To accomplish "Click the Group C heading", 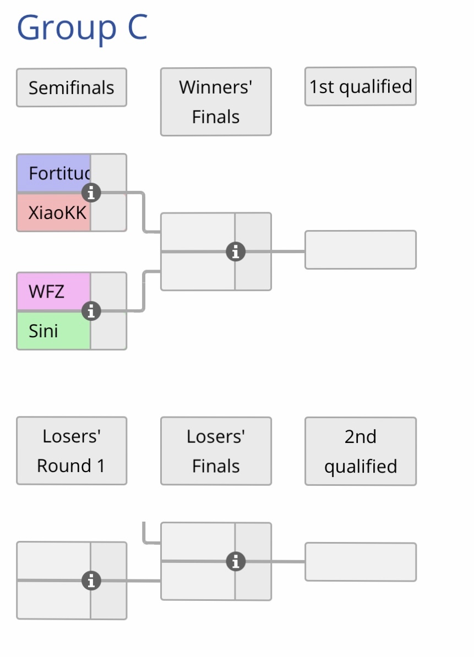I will tap(82, 28).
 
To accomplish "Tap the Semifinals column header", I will tap(72, 87).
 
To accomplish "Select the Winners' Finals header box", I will tap(216, 102).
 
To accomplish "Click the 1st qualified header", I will tap(361, 86).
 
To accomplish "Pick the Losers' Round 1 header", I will tap(72, 451).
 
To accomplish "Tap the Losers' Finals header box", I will tap(216, 451).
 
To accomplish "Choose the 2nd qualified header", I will tap(361, 451).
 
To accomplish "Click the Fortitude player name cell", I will tap(54, 173).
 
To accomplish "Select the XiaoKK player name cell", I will tap(54, 213).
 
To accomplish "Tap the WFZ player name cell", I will tap(54, 292).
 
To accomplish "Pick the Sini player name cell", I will tap(54, 331).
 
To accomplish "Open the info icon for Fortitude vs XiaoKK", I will tap(91, 193).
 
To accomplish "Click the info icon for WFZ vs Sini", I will tap(91, 311).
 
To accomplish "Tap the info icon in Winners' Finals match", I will tap(236, 251).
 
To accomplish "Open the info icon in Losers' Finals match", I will tap(236, 561).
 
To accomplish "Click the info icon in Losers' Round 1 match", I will tap(91, 580).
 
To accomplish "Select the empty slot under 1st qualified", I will tap(361, 250).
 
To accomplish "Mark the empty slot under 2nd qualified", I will tap(361, 562).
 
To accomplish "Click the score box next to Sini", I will tap(109, 332).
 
